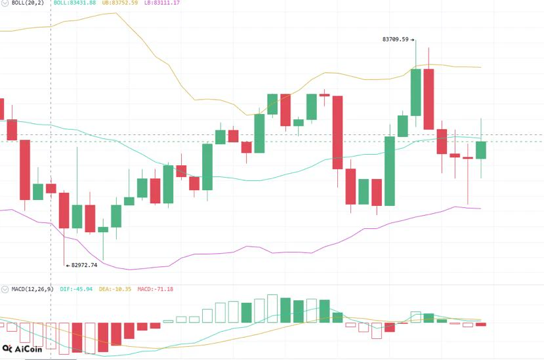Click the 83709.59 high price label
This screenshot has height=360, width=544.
pyautogui.click(x=396, y=39)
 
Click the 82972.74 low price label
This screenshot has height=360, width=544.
pyautogui.click(x=84, y=266)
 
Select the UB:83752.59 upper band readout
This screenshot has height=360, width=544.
pyautogui.click(x=120, y=3)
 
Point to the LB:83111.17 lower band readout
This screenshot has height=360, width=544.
pyautogui.click(x=162, y=3)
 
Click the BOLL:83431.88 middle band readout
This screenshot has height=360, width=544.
pyautogui.click(x=75, y=3)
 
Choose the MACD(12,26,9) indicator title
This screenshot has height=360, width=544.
pyautogui.click(x=32, y=289)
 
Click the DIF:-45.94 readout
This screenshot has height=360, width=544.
pyautogui.click(x=76, y=289)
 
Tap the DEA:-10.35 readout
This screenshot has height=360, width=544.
pyautogui.click(x=115, y=289)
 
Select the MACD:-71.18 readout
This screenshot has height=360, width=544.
pyautogui.click(x=155, y=289)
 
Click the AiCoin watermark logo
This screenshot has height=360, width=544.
pyautogui.click(x=22, y=349)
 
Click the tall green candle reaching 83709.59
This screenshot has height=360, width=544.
pyautogui.click(x=415, y=92)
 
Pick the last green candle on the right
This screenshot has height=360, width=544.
pyautogui.click(x=481, y=150)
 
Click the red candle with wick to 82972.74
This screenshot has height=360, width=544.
pyautogui.click(x=64, y=210)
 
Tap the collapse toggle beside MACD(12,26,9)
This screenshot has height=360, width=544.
pyautogui.click(x=5, y=289)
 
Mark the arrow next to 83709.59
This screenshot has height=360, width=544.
pyautogui.click(x=412, y=40)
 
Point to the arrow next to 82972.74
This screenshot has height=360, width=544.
pyautogui.click(x=68, y=266)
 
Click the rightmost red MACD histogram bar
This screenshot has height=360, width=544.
pyautogui.click(x=481, y=325)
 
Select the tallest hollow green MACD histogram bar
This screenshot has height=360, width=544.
pyautogui.click(x=272, y=309)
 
